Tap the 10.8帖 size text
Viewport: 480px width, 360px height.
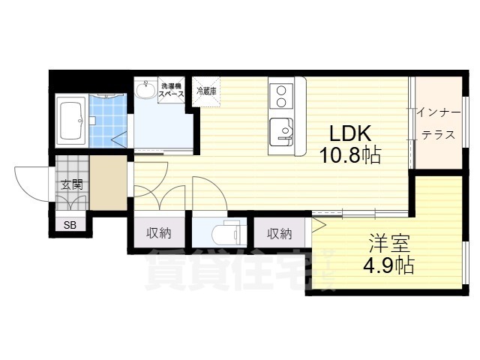click(350, 156)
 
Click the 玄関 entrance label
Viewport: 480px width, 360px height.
click(71, 184)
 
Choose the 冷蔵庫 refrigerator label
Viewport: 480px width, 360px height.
click(206, 91)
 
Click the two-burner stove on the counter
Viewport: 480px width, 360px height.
click(281, 95)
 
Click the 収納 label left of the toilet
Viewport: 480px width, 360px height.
click(158, 233)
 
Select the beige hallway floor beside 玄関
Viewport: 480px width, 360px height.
click(109, 184)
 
